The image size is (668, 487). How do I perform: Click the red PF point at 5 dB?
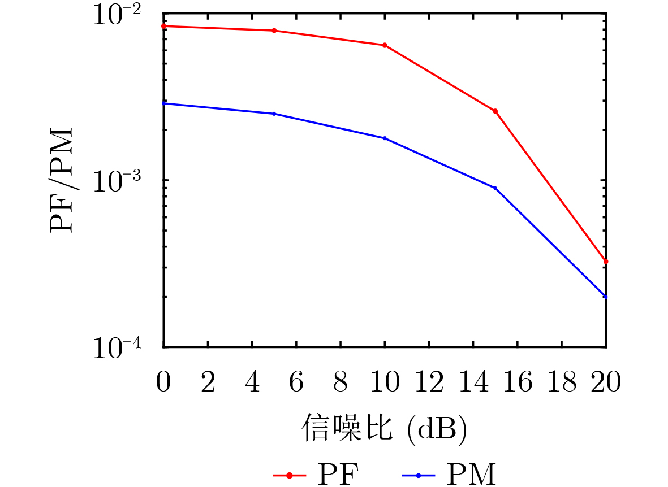274,31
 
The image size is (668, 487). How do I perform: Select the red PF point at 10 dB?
385,45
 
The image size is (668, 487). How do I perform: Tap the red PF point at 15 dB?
495,111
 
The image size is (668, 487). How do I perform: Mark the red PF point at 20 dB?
606,262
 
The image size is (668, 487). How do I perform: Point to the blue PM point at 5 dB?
274,114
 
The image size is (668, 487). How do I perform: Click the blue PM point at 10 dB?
385,138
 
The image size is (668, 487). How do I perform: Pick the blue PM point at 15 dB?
495,188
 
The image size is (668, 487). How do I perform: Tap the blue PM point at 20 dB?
606,297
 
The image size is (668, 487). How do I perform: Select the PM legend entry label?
471,475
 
